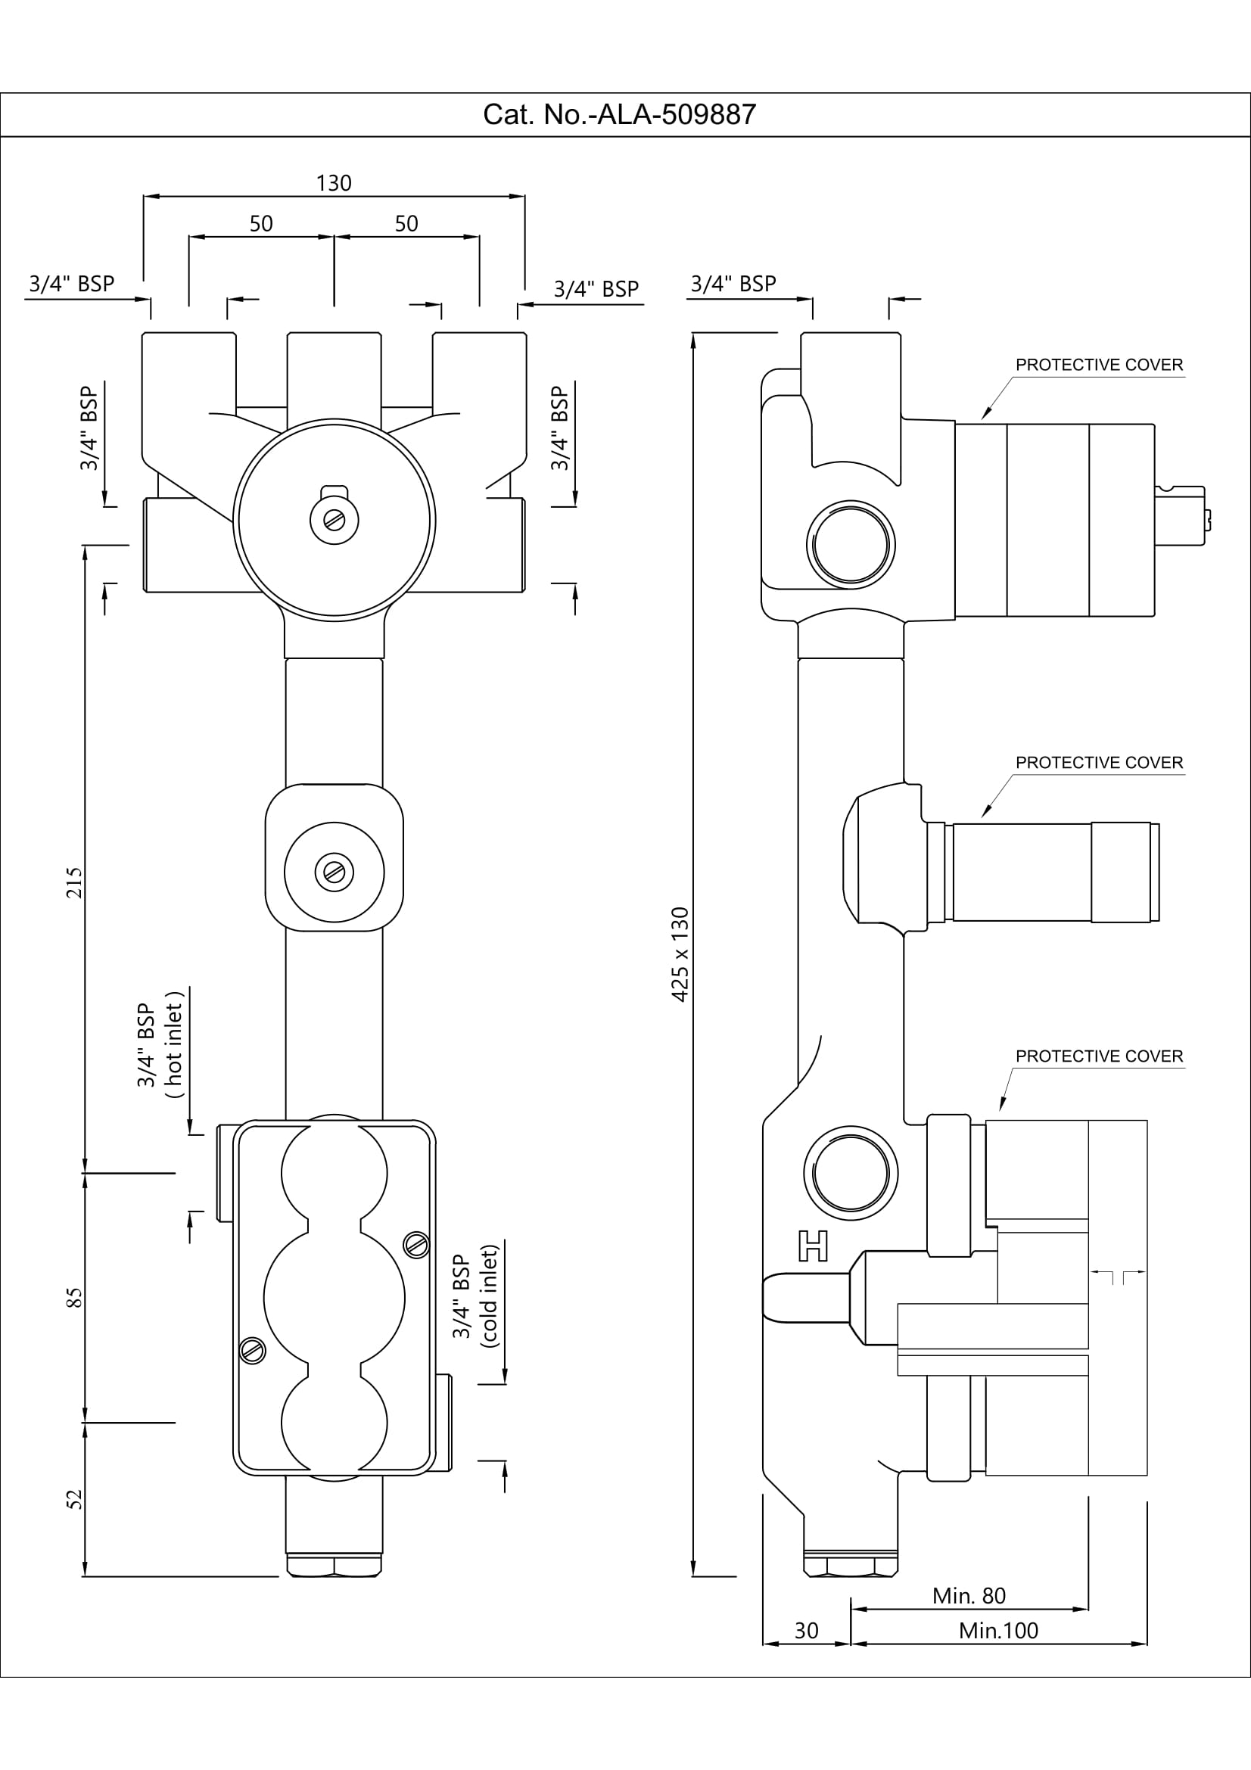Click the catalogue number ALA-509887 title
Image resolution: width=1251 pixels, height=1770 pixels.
coord(619,115)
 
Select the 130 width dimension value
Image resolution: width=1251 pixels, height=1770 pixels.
coord(334,183)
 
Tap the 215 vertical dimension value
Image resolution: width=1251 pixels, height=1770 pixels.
coord(74,882)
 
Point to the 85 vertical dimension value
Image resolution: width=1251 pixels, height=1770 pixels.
coord(74,1299)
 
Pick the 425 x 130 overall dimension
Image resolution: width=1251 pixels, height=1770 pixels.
coord(680,954)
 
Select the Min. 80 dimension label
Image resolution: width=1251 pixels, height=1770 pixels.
coord(969,1595)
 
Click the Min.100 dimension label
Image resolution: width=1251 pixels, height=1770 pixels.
coord(998,1631)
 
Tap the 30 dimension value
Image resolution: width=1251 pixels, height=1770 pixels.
coord(806,1631)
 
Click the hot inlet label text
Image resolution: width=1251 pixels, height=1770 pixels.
coord(174,1045)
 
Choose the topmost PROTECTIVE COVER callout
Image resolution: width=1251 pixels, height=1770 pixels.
coord(1098,365)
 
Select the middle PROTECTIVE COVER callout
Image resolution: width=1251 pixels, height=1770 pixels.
coord(1098,763)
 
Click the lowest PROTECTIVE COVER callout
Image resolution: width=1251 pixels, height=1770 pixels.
coord(1098,1056)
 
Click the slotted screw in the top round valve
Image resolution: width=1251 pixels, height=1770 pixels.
coord(335,521)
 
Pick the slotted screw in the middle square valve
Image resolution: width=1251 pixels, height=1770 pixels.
coord(335,873)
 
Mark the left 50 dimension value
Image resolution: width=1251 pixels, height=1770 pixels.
coord(261,223)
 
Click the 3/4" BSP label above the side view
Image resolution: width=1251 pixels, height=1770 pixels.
coord(733,284)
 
